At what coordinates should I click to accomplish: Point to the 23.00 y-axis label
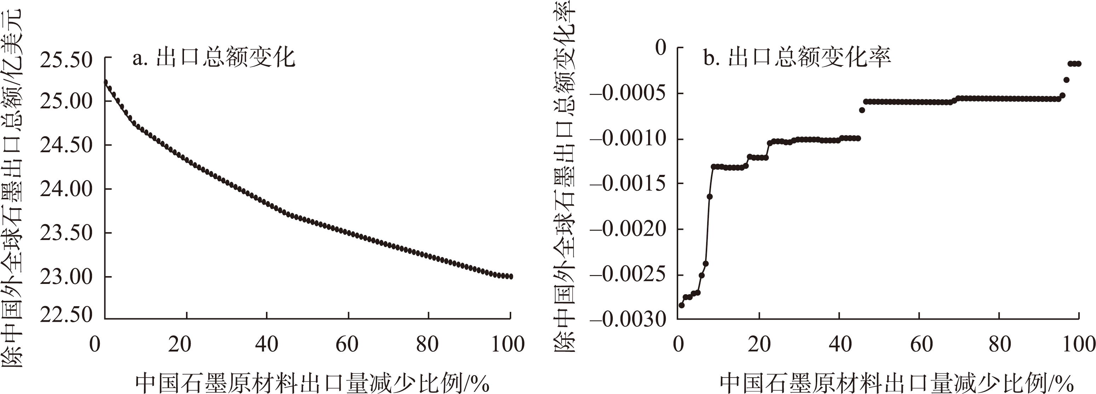[66, 277]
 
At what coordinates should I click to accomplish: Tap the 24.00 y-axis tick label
[66, 189]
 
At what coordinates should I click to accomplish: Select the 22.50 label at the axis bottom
[66, 315]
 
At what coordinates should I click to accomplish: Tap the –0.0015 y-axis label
[628, 184]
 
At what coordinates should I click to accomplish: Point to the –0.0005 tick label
[628, 93]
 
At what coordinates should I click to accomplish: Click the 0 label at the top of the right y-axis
[661, 48]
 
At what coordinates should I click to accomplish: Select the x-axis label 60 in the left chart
[347, 344]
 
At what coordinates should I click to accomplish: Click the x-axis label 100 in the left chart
[508, 344]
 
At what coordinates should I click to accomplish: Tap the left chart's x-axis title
[312, 383]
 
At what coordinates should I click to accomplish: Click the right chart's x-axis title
[897, 383]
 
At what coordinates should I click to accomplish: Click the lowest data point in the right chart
[682, 305]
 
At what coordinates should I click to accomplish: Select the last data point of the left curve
[510, 276]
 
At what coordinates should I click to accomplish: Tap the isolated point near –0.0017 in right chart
[710, 196]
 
